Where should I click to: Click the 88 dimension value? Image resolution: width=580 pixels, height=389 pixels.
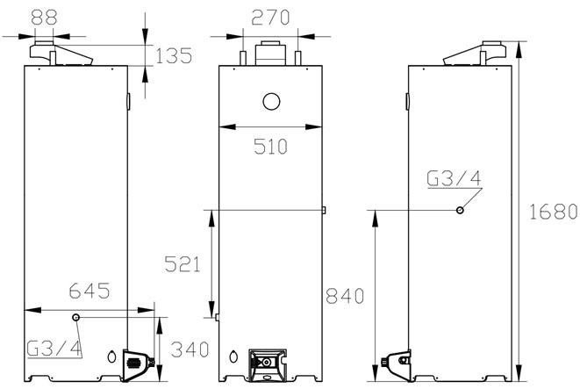45,17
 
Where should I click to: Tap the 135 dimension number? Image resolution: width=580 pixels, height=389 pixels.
174,55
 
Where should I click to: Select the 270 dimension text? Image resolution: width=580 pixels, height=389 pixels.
270,18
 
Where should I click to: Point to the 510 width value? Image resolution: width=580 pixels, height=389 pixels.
270,146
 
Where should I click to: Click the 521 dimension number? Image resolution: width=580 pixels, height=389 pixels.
183,264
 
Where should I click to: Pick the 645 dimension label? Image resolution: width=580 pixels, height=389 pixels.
90,291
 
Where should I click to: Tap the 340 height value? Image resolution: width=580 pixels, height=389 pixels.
190,349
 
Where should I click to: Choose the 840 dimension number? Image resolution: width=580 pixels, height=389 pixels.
345,296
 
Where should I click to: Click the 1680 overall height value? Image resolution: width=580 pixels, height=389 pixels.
554,212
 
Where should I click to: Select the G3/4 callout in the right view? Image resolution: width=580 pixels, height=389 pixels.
454,178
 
